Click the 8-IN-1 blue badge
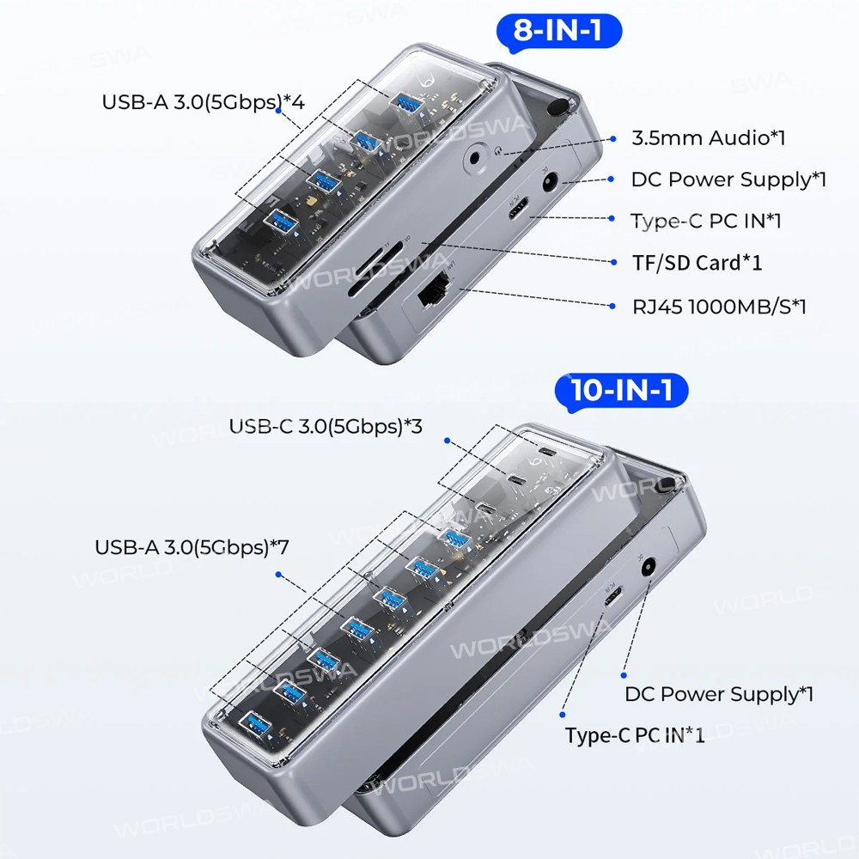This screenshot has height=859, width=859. [x=559, y=31]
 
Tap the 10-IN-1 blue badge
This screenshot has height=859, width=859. [x=621, y=391]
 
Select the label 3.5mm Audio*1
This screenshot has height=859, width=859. [x=709, y=137]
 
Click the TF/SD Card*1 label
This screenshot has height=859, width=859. [x=697, y=263]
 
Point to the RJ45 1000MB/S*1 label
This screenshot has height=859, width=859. [x=719, y=307]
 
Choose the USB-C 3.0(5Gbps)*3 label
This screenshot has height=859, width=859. [x=326, y=426]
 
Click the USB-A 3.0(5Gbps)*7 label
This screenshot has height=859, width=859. [x=192, y=547]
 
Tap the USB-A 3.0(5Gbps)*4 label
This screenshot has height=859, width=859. [x=204, y=102]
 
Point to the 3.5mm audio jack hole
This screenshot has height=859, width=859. [x=474, y=158]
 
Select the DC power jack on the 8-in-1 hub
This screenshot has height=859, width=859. [x=550, y=181]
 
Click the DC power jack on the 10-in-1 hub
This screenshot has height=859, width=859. [x=649, y=568]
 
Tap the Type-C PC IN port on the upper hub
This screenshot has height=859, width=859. [x=516, y=209]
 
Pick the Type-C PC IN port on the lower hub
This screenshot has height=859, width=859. [x=613, y=597]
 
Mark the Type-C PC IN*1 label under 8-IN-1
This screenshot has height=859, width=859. [x=706, y=221]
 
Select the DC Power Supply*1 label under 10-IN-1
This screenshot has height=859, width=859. [x=719, y=694]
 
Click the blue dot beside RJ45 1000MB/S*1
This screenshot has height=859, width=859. [x=612, y=307]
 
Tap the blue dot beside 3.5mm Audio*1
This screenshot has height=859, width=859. [x=613, y=139]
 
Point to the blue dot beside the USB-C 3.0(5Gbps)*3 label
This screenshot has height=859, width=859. [x=447, y=441]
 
